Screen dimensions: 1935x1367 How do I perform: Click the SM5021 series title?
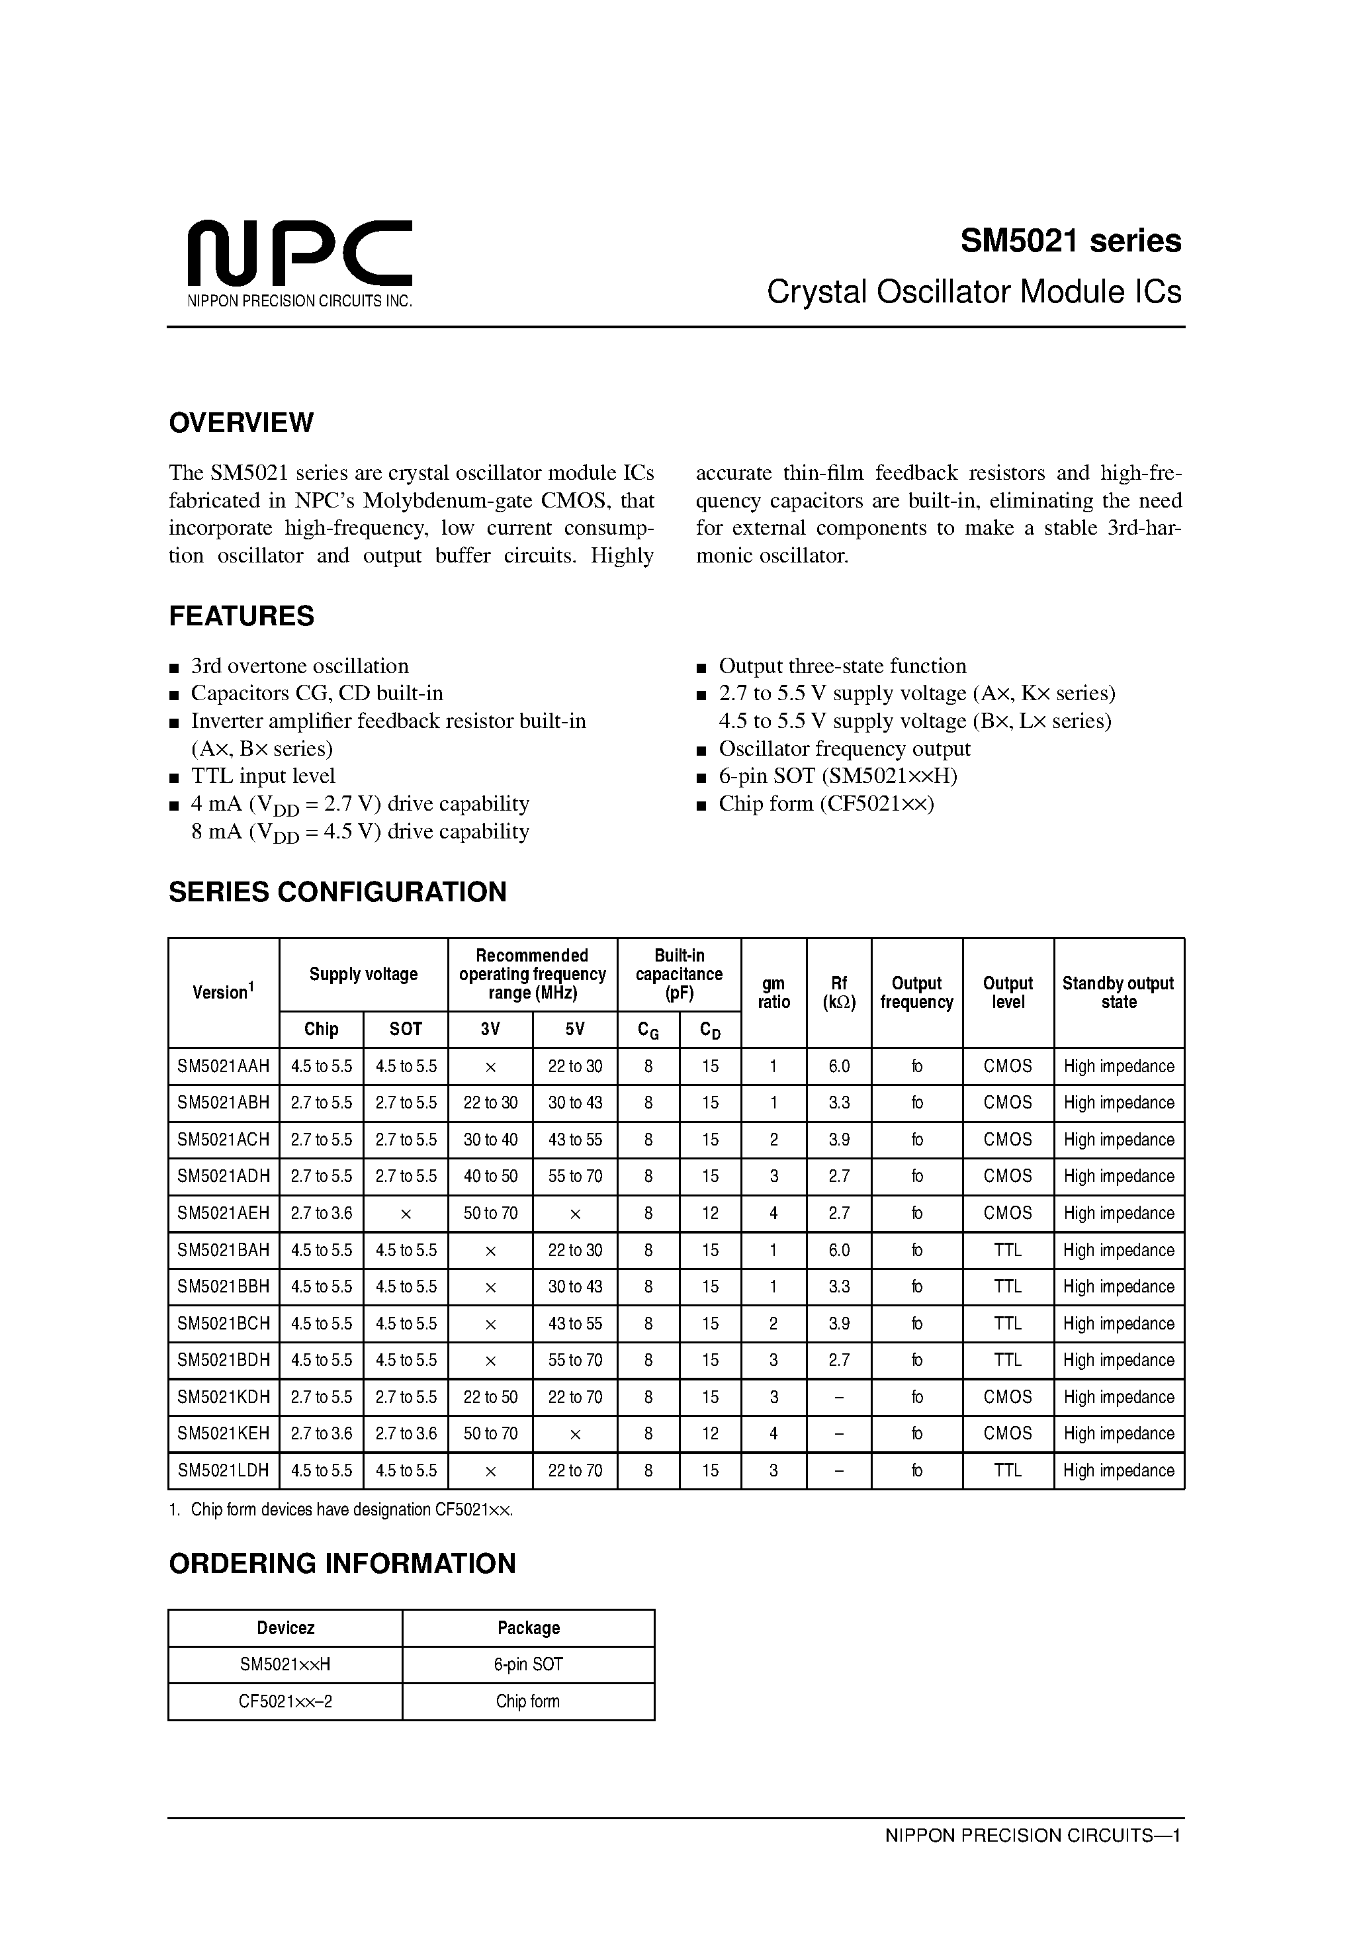point(1071,242)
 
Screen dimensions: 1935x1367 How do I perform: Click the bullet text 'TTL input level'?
point(263,776)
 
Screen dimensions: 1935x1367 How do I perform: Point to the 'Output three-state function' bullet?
point(842,666)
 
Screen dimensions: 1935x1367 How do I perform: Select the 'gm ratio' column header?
point(773,992)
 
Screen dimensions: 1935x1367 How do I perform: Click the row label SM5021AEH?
point(224,1213)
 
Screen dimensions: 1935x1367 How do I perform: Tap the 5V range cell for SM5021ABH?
point(575,1102)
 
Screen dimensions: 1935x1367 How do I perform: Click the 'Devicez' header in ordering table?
point(285,1627)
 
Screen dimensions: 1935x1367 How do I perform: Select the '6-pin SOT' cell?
point(529,1664)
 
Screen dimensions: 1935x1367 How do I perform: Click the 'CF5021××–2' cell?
point(285,1701)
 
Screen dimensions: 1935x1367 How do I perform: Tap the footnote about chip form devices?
point(341,1509)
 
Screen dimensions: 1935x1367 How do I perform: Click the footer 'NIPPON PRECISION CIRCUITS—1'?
point(1032,1836)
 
